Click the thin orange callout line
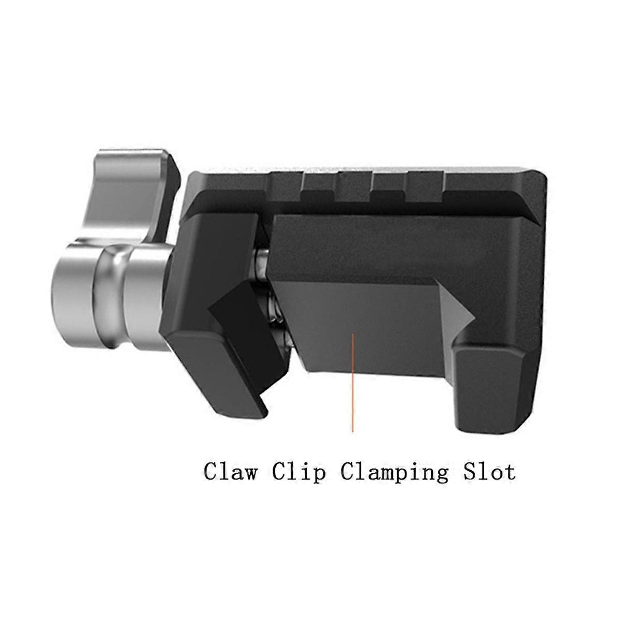pos(352,384)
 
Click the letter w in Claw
pos(249,473)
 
